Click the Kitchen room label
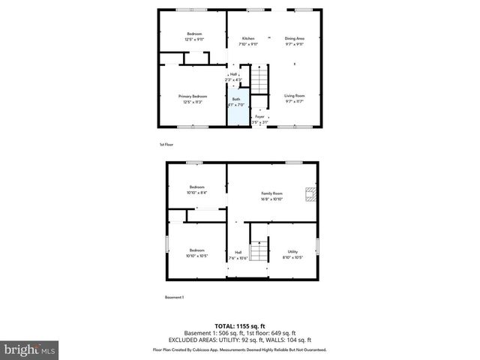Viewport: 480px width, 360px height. point(248,38)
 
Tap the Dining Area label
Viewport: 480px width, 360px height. point(294,38)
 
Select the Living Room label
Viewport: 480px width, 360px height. point(294,96)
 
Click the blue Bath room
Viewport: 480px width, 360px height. point(236,110)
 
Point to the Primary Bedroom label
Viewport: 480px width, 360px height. point(193,96)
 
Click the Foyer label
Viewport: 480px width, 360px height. point(259,117)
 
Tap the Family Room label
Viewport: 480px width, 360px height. point(271,193)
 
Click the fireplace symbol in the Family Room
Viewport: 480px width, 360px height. point(309,196)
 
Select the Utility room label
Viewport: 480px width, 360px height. point(292,251)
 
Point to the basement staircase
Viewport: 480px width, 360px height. point(259,251)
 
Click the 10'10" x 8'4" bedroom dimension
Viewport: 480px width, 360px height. point(196,193)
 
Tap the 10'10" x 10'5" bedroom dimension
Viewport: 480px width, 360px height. point(196,256)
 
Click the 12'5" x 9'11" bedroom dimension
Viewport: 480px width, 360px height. point(194,40)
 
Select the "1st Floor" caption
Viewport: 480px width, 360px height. point(166,144)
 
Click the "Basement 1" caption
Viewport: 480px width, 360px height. point(174,298)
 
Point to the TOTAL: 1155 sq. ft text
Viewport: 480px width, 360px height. point(240,326)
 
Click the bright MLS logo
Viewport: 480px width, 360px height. point(30,349)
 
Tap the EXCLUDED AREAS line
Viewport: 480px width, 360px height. point(240,339)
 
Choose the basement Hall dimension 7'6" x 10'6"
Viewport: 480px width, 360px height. point(238,257)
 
